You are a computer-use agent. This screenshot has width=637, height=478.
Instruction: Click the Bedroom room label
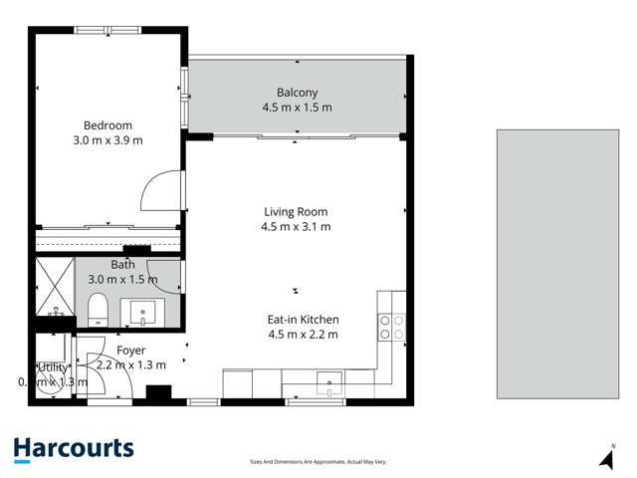tap(107, 125)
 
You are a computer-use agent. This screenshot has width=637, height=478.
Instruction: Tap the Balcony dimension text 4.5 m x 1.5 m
tap(297, 108)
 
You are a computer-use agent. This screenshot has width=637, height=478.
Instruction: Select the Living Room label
tap(296, 211)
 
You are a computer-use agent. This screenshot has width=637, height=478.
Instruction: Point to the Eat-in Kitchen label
tap(304, 320)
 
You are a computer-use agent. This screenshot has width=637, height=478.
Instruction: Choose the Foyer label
tap(131, 351)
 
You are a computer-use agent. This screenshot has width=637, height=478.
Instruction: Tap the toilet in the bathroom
tap(98, 311)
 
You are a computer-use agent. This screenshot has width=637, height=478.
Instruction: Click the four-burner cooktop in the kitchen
tap(391, 328)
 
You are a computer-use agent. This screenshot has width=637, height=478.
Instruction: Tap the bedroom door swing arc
tap(162, 190)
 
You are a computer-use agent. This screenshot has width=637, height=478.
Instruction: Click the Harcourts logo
tap(74, 449)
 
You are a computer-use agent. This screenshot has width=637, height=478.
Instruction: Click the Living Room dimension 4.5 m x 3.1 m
tap(297, 227)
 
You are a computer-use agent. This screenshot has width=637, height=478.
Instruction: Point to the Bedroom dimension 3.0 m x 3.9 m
tap(107, 140)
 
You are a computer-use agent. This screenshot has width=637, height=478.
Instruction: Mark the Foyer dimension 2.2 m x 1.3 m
tap(131, 365)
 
